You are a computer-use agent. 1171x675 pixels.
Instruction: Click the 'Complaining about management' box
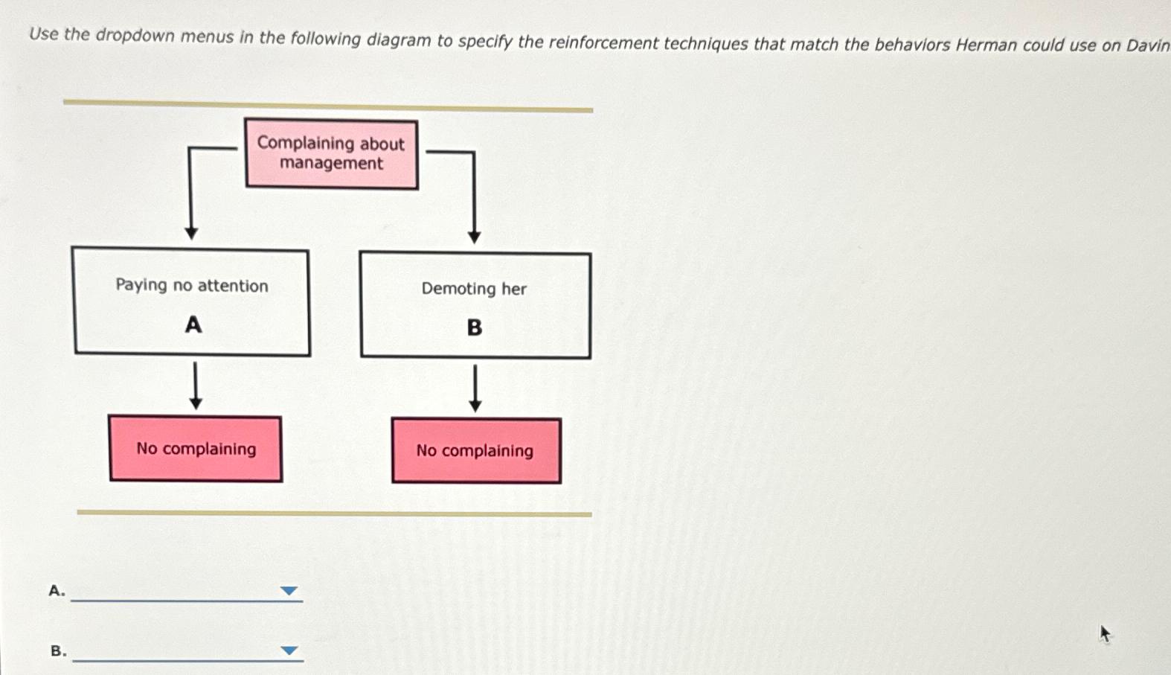pyautogui.click(x=331, y=154)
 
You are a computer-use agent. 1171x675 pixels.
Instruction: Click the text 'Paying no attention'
pyautogui.click(x=192, y=286)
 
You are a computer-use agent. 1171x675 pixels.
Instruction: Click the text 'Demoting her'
pyautogui.click(x=474, y=289)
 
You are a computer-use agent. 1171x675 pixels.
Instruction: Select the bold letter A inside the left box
pyautogui.click(x=193, y=325)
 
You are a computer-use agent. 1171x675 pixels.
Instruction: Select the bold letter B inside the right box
pyautogui.click(x=475, y=327)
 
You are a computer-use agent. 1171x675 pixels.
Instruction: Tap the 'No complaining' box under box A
pyautogui.click(x=196, y=449)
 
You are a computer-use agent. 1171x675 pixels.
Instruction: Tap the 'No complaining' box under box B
pyautogui.click(x=476, y=451)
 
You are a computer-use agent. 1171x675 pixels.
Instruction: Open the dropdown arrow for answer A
pyautogui.click(x=289, y=591)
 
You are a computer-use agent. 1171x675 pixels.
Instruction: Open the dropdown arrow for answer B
pyautogui.click(x=289, y=650)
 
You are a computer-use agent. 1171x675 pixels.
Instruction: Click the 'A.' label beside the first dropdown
pyautogui.click(x=57, y=591)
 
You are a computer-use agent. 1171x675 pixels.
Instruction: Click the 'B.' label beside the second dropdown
pyautogui.click(x=58, y=651)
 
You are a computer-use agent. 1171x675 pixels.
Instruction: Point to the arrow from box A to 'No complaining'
pyautogui.click(x=196, y=386)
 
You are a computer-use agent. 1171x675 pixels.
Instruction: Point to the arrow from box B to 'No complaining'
pyautogui.click(x=475, y=388)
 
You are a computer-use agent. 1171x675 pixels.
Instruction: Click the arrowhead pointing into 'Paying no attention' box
pyautogui.click(x=191, y=233)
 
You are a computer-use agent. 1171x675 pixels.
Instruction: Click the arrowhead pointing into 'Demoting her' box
pyautogui.click(x=474, y=237)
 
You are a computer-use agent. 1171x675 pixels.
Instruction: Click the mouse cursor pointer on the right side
pyautogui.click(x=1105, y=633)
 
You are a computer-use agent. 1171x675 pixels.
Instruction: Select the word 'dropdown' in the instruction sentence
pyautogui.click(x=134, y=36)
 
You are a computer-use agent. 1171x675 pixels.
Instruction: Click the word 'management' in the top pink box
pyautogui.click(x=331, y=164)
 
